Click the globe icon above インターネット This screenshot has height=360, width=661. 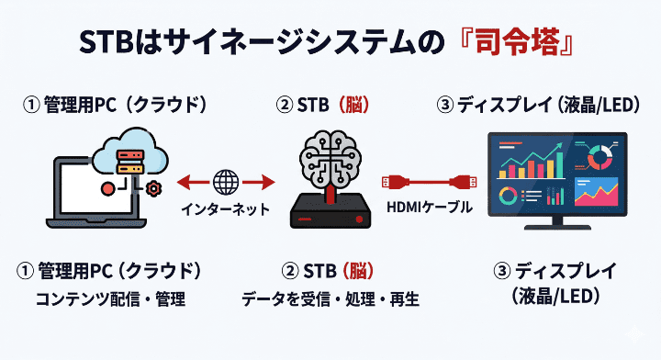tap(225, 181)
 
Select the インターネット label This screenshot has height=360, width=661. tap(225, 208)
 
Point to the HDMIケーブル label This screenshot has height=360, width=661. tap(430, 208)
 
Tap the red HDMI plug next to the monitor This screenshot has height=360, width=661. tap(462, 181)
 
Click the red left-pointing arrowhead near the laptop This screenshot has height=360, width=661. tap(181, 181)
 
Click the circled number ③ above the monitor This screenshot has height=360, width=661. tap(445, 105)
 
